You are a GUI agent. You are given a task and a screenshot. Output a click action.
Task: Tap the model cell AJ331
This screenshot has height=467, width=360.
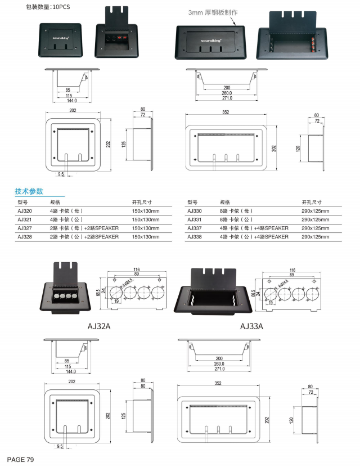point(195,219)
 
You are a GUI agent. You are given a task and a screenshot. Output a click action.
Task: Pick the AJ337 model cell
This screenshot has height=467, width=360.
point(195,228)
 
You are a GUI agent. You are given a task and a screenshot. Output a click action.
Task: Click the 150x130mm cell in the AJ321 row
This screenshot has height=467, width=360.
point(146,219)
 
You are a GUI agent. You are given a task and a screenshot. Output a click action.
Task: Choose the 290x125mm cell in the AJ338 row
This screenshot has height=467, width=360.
point(315,237)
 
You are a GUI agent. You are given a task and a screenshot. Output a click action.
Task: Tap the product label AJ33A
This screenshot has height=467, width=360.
point(251,326)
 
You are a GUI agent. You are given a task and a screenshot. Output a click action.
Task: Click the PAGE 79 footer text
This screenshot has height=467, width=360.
point(21,460)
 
